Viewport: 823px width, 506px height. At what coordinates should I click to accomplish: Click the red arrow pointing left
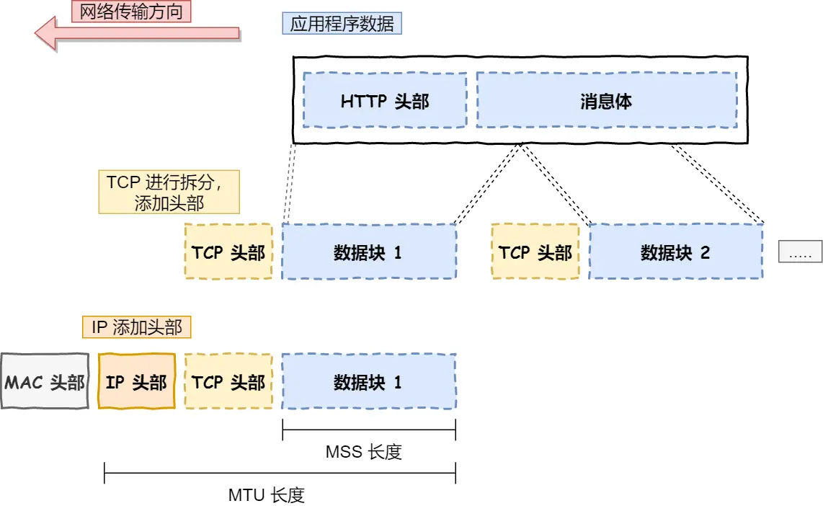pos(137,33)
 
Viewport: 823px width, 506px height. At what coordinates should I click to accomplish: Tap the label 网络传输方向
pos(131,11)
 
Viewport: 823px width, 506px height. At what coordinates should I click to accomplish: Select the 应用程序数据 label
pos(342,24)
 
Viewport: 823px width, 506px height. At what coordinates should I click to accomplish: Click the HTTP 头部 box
pos(385,101)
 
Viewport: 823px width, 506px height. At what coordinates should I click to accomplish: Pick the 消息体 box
pos(606,101)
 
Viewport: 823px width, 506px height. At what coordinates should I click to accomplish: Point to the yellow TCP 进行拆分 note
pos(169,192)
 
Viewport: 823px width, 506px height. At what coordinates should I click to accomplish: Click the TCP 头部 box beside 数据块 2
pos(535,252)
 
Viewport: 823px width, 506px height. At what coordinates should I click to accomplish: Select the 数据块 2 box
pos(676,252)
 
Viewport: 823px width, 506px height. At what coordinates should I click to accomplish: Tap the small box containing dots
pos(800,252)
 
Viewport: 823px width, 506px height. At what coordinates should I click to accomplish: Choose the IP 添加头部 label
pos(136,327)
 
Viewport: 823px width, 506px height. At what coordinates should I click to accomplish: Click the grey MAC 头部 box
pos(45,381)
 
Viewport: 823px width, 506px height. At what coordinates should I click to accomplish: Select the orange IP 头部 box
pos(136,381)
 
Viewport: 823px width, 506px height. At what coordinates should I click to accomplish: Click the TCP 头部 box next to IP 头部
pos(228,381)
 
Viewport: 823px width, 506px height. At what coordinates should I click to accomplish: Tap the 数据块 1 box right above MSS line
pos(368,381)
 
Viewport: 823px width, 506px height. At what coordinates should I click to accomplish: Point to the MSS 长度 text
pos(364,452)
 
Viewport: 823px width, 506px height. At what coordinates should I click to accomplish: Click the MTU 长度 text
pos(267,494)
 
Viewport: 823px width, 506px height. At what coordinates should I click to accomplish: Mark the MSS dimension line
pos(369,432)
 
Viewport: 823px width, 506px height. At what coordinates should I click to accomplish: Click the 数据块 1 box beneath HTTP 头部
pos(368,252)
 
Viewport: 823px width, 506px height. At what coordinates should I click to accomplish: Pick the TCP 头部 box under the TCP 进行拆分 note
pos(228,252)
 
